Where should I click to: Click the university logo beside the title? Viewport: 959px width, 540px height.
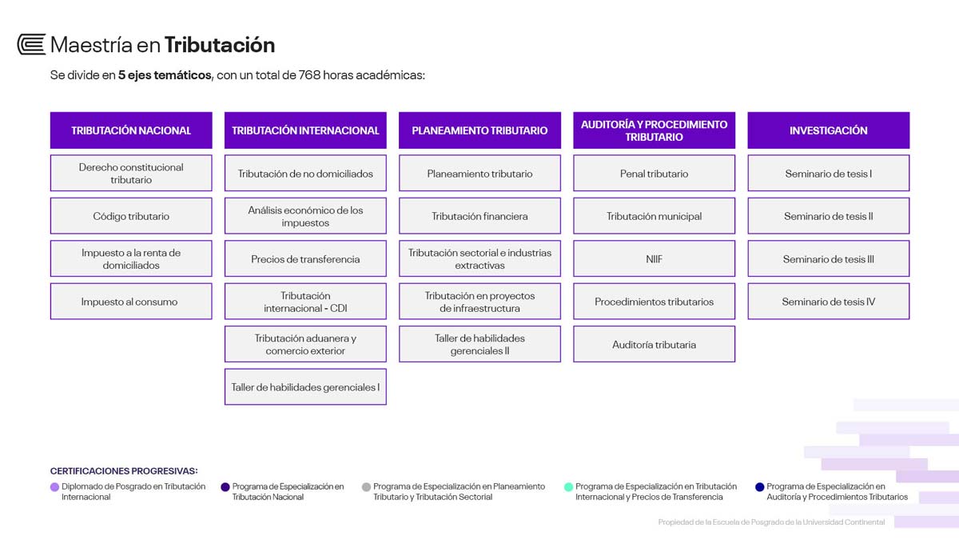(x=31, y=44)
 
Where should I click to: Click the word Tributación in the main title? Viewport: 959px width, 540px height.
(x=220, y=45)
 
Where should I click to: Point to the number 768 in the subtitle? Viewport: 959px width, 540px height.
(x=309, y=75)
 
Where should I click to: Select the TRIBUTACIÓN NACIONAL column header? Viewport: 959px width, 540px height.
(x=131, y=130)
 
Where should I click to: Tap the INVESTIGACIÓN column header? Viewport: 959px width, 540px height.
(x=829, y=130)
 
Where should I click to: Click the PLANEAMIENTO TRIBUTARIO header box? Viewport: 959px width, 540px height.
(x=479, y=130)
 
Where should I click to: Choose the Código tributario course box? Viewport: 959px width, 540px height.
(x=131, y=215)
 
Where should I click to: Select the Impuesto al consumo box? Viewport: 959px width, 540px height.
(x=131, y=302)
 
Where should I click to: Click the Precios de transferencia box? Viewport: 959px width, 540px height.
(x=305, y=258)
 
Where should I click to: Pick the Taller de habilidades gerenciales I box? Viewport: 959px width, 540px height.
(x=305, y=386)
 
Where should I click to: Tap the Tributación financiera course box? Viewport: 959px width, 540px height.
(x=479, y=215)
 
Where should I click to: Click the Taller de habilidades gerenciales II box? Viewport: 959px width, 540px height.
(x=479, y=344)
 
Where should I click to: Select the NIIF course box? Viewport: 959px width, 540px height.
(x=655, y=258)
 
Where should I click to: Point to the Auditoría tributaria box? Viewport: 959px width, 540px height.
(x=655, y=344)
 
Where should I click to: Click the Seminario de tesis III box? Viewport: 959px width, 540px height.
(x=829, y=258)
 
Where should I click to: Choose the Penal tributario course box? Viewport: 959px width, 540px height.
(x=655, y=173)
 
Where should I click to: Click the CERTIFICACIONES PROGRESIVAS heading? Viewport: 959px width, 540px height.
(x=124, y=471)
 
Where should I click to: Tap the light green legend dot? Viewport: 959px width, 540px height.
(x=568, y=487)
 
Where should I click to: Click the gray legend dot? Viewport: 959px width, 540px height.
(x=366, y=487)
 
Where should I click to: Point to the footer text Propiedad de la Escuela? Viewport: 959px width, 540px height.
(x=771, y=522)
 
